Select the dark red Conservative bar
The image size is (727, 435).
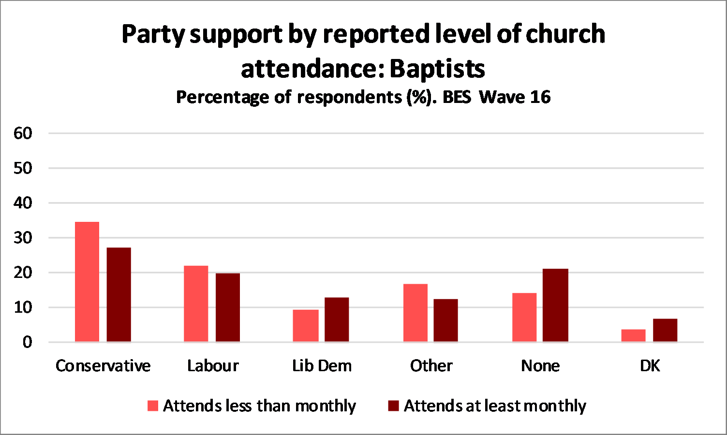pyautogui.click(x=119, y=295)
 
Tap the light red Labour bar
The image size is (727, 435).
pyautogui.click(x=196, y=304)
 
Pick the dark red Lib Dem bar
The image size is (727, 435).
pyautogui.click(x=337, y=319)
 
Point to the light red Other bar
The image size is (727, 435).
pyautogui.click(x=415, y=313)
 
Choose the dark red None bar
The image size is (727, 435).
pyautogui.click(x=555, y=305)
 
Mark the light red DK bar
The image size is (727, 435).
pyautogui.click(x=633, y=335)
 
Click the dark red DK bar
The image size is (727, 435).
pyautogui.click(x=665, y=330)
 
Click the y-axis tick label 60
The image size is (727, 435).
pyautogui.click(x=23, y=133)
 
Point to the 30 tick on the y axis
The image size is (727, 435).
pyautogui.click(x=23, y=238)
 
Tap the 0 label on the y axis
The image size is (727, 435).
pyautogui.click(x=27, y=342)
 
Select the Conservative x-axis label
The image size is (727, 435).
pyautogui.click(x=103, y=366)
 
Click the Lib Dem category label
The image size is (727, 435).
pyautogui.click(x=322, y=366)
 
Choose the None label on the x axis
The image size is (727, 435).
pyautogui.click(x=540, y=366)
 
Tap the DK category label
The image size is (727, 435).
pyautogui.click(x=650, y=366)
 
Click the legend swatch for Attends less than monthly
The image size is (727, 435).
pyautogui.click(x=153, y=406)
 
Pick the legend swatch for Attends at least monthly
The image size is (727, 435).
pyautogui.click(x=393, y=406)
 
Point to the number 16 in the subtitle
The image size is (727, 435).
pyautogui.click(x=540, y=97)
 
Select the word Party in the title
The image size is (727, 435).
pyautogui.click(x=153, y=34)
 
